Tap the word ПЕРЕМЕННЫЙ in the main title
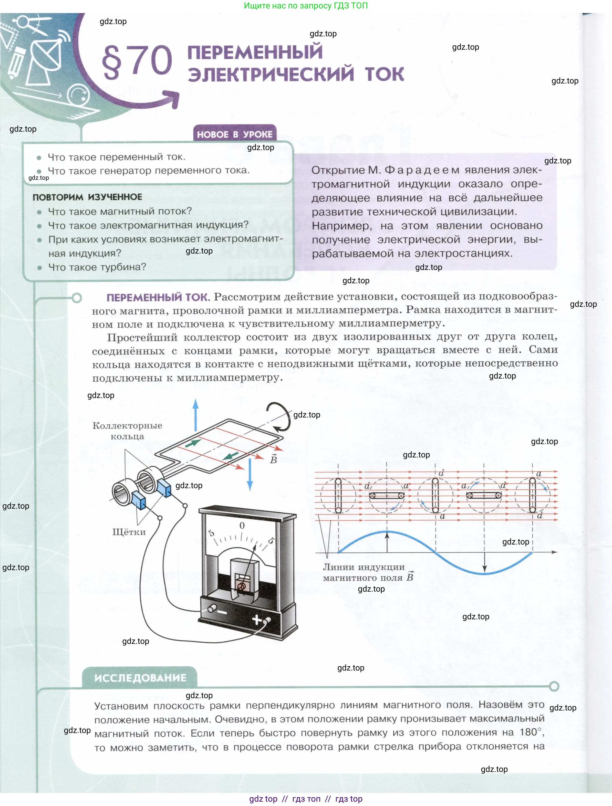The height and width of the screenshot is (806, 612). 255,52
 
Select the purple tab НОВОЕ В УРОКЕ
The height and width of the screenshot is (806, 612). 234,134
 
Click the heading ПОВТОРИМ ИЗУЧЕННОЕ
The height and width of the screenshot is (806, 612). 87,197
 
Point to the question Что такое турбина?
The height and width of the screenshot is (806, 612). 97,267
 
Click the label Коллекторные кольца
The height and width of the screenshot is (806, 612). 127,431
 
